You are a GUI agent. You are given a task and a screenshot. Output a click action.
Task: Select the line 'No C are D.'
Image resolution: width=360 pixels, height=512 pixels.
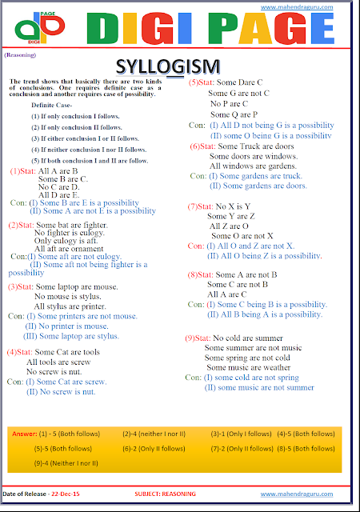click(59, 186)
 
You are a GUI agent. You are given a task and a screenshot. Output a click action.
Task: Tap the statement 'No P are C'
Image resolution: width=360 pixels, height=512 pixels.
click(230, 104)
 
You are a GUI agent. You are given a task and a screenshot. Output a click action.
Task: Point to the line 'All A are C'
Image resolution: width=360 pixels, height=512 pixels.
click(227, 294)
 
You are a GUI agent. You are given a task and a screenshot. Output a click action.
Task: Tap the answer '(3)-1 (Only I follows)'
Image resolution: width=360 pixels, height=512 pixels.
click(242, 434)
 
